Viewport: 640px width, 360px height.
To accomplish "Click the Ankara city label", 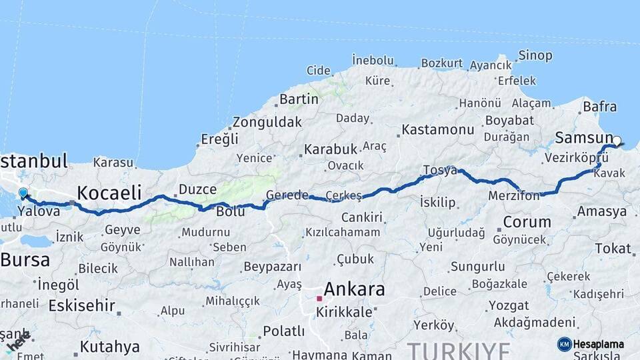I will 354,289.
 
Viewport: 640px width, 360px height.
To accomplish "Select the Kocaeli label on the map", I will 109,193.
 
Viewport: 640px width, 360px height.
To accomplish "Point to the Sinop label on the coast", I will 535,56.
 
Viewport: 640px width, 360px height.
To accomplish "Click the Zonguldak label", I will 267,122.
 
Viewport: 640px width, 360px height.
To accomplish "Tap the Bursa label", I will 25,260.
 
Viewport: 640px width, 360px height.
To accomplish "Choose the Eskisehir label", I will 83,305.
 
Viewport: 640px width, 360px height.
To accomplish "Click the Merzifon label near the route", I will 515,197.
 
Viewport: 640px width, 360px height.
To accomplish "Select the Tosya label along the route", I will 440,170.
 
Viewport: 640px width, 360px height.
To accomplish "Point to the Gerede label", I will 287,195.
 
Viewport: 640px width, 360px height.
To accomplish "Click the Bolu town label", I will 231,211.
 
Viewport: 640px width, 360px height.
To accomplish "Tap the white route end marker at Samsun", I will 617,141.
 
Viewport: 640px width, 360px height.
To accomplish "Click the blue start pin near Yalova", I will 23,193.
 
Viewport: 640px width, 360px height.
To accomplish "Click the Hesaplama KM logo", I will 591,344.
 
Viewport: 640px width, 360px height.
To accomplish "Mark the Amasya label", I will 602,211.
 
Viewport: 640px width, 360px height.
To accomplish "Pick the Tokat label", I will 613,248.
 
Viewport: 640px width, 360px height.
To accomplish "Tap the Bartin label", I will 299,99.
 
